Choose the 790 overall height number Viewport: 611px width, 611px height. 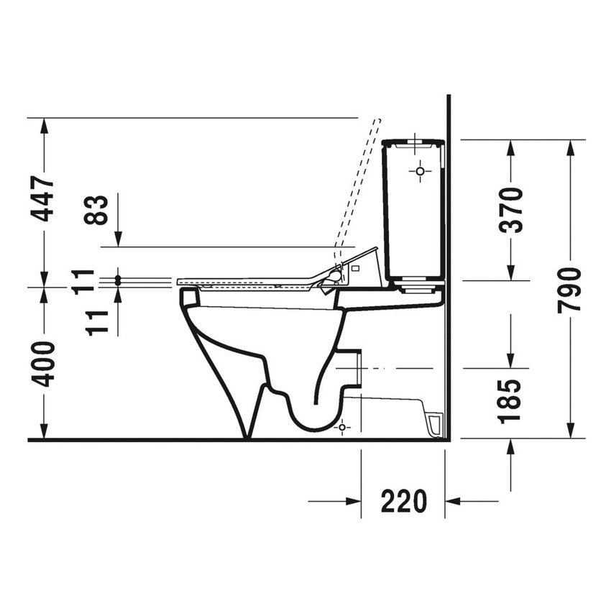pyautogui.click(x=570, y=290)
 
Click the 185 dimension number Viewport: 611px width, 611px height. pyautogui.click(x=510, y=399)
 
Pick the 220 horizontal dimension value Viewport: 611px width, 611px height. pyautogui.click(x=403, y=501)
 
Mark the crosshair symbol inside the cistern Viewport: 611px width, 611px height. pyautogui.click(x=421, y=171)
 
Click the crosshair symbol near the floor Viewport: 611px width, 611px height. pyautogui.click(x=341, y=427)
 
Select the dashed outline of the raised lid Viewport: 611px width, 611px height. pyautogui.click(x=358, y=187)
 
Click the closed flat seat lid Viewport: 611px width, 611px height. pyautogui.click(x=244, y=280)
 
